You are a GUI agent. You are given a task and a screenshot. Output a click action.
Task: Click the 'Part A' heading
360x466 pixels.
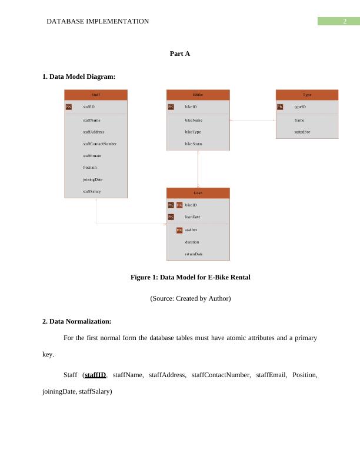click(179, 54)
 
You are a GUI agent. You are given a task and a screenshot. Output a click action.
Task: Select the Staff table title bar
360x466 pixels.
click(96, 95)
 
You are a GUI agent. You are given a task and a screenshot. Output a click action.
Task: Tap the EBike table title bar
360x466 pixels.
click(198, 95)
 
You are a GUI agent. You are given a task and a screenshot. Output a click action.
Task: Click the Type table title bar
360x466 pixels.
click(307, 95)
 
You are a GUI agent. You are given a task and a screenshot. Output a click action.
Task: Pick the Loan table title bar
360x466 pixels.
click(198, 192)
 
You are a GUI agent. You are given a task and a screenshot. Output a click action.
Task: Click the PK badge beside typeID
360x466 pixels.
click(280, 107)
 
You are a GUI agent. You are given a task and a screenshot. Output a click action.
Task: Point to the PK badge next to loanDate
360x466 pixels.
click(171, 217)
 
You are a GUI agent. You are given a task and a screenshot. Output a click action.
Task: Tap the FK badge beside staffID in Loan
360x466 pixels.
click(179, 230)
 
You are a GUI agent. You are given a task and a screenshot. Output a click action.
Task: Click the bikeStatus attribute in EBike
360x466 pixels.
click(194, 144)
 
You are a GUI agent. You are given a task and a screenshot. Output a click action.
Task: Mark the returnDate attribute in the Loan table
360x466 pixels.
click(194, 254)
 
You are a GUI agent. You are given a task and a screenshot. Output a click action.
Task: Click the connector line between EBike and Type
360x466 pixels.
click(253, 120)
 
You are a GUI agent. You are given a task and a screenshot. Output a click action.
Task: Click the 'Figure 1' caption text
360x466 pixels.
click(190, 277)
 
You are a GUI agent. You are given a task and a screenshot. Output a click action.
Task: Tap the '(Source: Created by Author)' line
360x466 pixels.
click(190, 298)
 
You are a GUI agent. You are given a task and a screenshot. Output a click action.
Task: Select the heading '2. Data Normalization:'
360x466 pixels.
click(76, 321)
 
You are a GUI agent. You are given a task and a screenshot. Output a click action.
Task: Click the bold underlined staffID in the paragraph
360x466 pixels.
click(95, 375)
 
